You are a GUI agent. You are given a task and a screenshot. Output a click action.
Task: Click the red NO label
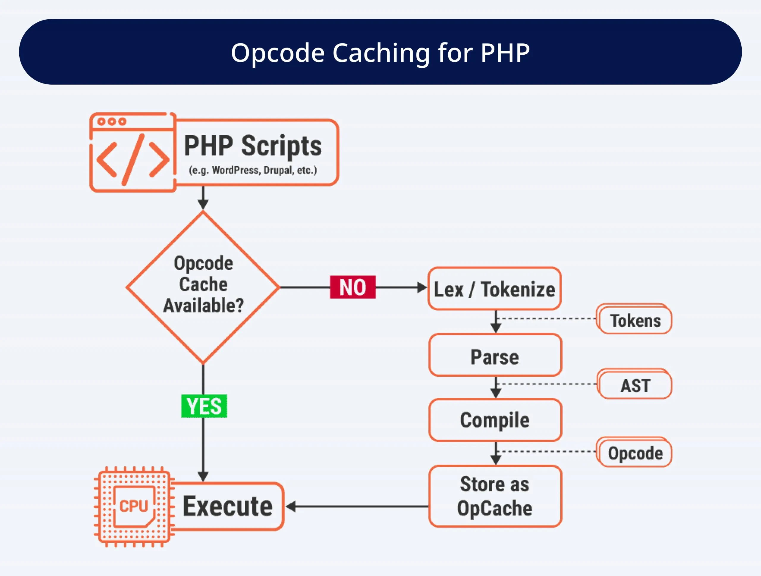[353, 287]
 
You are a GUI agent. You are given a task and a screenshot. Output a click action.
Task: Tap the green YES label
[204, 406]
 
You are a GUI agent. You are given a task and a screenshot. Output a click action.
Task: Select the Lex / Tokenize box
[494, 289]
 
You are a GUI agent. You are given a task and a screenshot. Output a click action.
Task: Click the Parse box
[495, 355]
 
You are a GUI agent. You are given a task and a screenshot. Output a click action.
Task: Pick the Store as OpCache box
[495, 496]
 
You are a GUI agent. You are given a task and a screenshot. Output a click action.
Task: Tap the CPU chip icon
[134, 506]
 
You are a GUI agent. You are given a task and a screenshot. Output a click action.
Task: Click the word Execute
[227, 506]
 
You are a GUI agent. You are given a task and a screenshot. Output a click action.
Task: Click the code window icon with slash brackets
[133, 153]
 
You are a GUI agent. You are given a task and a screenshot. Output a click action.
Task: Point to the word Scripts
[282, 146]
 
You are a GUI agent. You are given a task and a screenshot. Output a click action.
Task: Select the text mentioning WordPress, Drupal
[253, 170]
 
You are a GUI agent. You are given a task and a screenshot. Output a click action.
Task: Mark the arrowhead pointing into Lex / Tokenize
[422, 287]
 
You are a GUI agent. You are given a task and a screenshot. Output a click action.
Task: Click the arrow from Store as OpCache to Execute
[358, 506]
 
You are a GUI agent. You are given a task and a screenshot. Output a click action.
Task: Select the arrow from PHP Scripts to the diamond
[203, 198]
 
